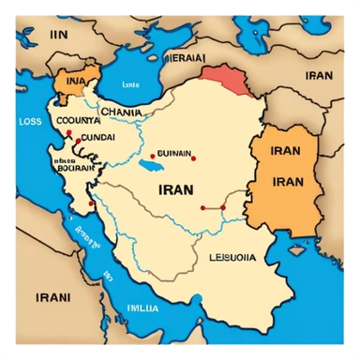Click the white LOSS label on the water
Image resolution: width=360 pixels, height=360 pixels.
coord(30,121)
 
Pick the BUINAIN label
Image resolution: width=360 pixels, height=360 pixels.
coord(173,155)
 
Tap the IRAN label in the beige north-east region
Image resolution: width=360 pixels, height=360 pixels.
coord(319,75)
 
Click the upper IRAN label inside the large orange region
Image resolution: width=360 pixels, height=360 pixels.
coord(285,150)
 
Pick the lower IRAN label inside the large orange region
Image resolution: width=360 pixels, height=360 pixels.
coord(285,180)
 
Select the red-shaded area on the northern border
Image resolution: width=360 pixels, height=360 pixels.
coord(225,80)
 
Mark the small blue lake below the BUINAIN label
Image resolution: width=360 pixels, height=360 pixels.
coord(149,171)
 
